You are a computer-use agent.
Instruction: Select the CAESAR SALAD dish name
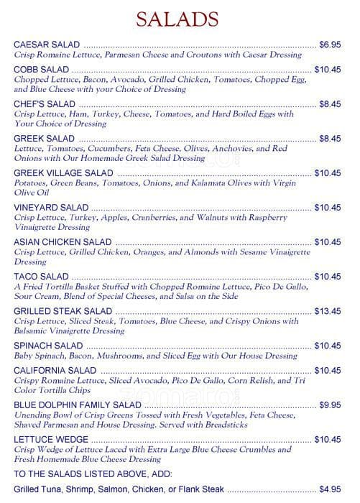(x=47, y=45)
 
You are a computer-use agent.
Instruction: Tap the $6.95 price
(x=330, y=45)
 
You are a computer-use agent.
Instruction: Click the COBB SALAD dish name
(x=42, y=70)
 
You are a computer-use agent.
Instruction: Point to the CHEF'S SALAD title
(x=44, y=103)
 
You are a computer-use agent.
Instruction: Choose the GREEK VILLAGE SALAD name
(x=63, y=173)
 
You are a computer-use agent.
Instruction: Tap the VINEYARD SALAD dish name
(x=51, y=208)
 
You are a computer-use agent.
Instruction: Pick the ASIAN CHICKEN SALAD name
(x=63, y=242)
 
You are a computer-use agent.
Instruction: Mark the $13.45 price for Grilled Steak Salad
(x=328, y=311)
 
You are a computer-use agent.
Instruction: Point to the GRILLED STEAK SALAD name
(x=63, y=311)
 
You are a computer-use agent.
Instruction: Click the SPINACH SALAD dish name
(x=49, y=346)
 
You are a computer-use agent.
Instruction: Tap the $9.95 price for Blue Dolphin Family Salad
(x=330, y=405)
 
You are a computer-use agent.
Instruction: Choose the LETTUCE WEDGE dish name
(x=51, y=439)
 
